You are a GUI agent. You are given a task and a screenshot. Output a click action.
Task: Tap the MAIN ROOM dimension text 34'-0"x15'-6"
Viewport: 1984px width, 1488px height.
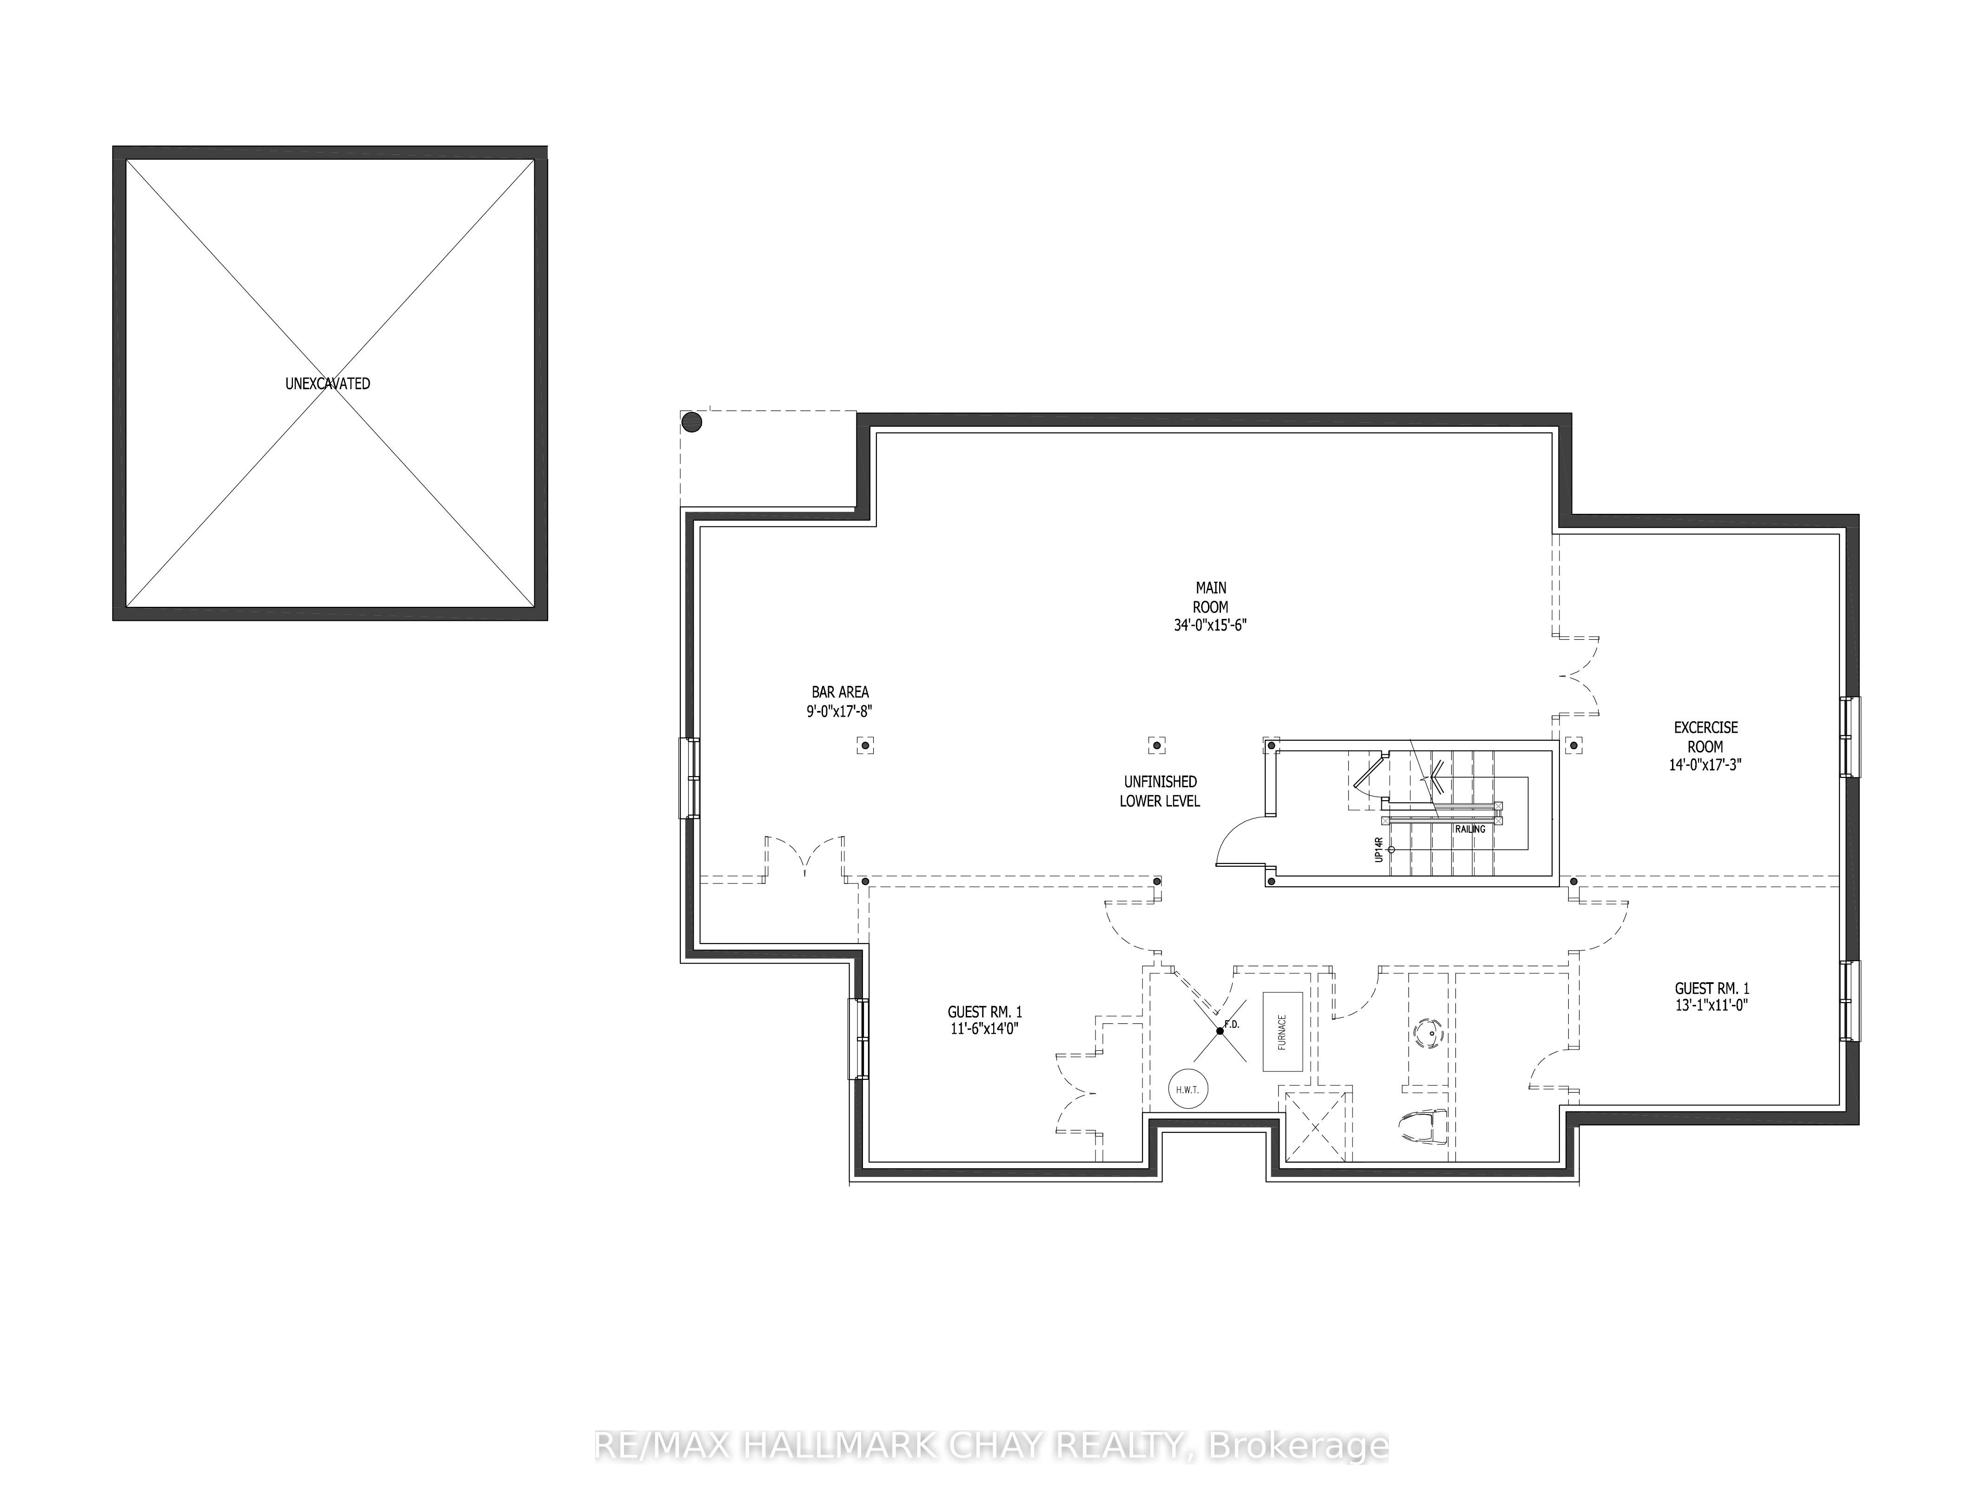pyautogui.click(x=1210, y=625)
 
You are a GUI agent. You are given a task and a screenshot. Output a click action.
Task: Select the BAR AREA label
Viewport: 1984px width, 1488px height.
pyautogui.click(x=840, y=692)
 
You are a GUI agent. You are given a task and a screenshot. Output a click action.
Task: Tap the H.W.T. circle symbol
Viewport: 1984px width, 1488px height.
pyautogui.click(x=1188, y=1090)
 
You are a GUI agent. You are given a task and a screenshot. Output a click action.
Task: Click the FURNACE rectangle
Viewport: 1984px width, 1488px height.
pyautogui.click(x=1283, y=1031)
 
